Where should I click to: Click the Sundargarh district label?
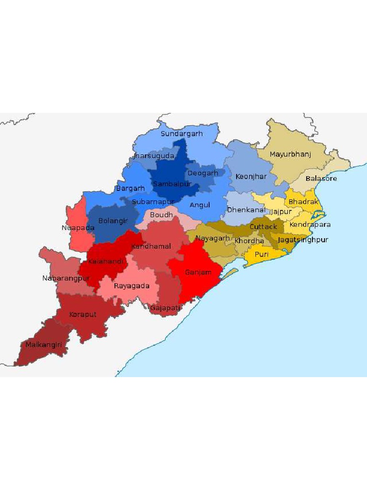pos(182,134)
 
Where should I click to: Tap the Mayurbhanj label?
pos(290,155)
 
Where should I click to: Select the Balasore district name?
pos(321,178)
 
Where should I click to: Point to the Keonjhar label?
pos(251,177)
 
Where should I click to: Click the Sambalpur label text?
pos(172,184)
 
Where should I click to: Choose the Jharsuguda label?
pos(153,156)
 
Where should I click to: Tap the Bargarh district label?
pos(130,189)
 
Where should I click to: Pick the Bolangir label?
pos(113,221)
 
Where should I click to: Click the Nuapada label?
pos(78,228)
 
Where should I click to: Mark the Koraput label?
pos(82,314)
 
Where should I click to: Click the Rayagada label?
pos(131,286)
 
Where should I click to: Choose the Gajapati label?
pos(165,308)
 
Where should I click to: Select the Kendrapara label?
pos(310,224)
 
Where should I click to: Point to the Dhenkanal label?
pos(246,210)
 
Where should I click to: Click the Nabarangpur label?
pos(66,278)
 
